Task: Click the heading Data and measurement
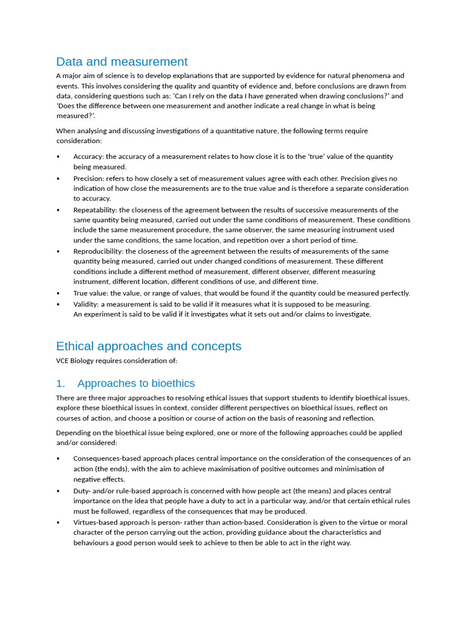click(x=122, y=62)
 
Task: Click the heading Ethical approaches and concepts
click(x=148, y=346)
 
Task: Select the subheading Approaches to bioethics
click(x=136, y=383)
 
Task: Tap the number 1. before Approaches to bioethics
click(x=60, y=383)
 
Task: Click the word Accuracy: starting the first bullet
click(x=89, y=156)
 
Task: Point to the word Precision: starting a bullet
click(x=89, y=179)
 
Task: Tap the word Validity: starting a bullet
click(x=86, y=304)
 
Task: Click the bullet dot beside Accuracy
click(x=58, y=157)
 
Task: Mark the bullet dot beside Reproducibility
click(x=58, y=252)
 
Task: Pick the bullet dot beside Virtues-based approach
click(x=58, y=523)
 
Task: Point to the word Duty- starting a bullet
click(x=82, y=491)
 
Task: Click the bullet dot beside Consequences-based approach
click(x=58, y=459)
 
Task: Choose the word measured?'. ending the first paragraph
click(x=76, y=116)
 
